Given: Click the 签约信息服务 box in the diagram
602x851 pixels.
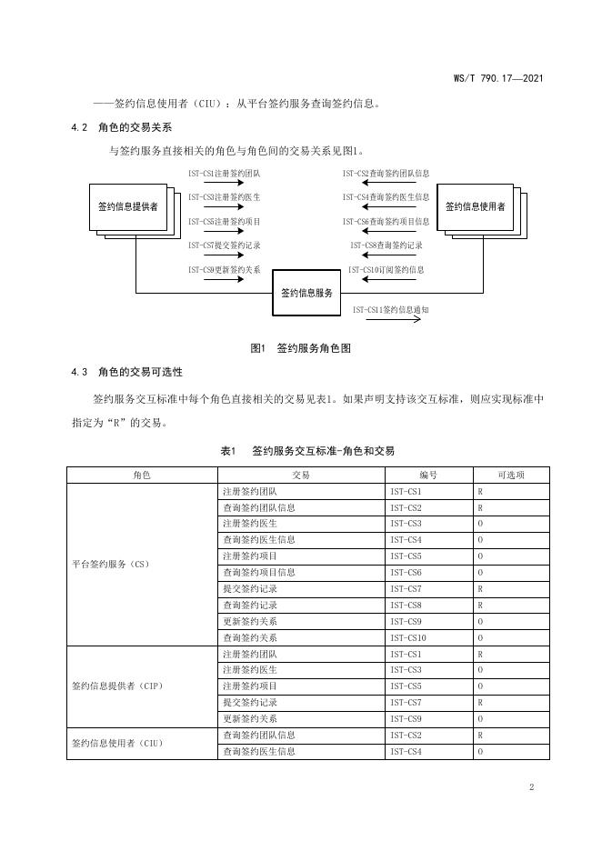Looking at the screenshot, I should [x=306, y=292].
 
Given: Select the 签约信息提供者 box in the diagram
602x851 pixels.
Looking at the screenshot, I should [x=128, y=206].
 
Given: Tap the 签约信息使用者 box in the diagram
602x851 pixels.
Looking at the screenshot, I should [x=475, y=206].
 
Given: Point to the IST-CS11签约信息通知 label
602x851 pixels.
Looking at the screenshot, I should [x=390, y=309].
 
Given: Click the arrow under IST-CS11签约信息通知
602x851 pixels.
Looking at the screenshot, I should [x=390, y=321].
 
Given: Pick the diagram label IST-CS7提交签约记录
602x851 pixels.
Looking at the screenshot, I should [x=225, y=245].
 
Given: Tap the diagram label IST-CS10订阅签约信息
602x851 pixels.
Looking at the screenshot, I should [x=386, y=269].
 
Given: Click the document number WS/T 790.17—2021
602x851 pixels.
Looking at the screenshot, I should [x=498, y=79].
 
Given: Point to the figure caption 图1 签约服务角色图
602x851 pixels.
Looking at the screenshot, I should [x=300, y=348].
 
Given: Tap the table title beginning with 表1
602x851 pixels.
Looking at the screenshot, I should [x=306, y=450].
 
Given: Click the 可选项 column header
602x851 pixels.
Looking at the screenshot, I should [x=511, y=475].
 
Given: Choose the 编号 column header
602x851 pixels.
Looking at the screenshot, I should [x=428, y=475].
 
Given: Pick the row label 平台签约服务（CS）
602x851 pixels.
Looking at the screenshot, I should [x=110, y=564].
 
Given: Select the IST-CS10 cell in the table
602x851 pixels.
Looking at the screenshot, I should [x=408, y=638].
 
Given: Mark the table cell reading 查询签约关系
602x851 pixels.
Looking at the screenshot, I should [x=250, y=638].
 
